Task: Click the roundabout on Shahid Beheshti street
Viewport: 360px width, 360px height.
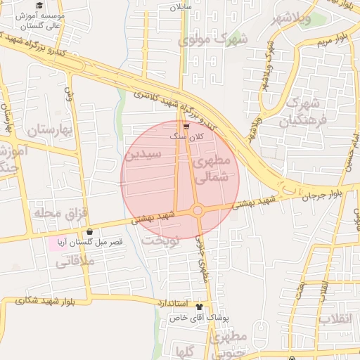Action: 198,210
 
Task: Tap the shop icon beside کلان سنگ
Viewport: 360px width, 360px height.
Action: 186,127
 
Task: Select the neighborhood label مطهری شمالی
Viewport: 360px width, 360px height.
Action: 210,170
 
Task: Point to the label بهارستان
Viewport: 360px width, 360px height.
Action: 50,129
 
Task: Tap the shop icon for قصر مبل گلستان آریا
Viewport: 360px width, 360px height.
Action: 89,233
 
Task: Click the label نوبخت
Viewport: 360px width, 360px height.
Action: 161,240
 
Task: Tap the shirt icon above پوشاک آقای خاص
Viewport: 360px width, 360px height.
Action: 199,307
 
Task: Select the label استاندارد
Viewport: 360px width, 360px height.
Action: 171,303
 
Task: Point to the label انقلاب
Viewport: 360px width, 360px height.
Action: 334,319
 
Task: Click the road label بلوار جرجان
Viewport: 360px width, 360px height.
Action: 326,195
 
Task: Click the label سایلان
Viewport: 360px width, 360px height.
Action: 180,8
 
